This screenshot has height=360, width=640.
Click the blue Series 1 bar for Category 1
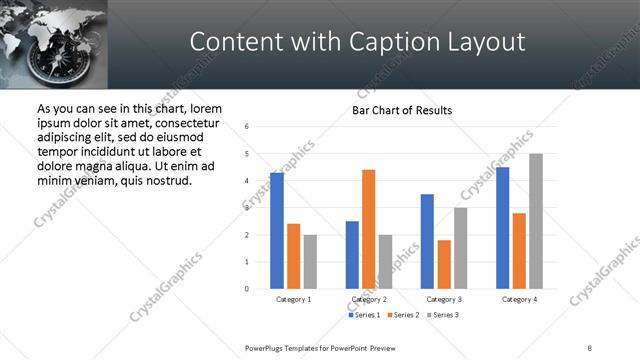pyautogui.click(x=277, y=231)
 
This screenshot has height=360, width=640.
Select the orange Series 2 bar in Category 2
pyautogui.click(x=368, y=229)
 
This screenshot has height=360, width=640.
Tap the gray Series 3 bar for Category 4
pyautogui.click(x=536, y=221)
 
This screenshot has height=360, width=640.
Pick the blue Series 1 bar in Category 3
pyautogui.click(x=427, y=241)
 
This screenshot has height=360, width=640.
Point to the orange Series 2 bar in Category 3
pyautogui.click(x=444, y=264)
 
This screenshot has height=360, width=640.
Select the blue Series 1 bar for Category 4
pyautogui.click(x=503, y=228)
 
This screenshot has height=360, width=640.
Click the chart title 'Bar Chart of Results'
pyautogui.click(x=402, y=110)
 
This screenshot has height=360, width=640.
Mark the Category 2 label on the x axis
pyautogui.click(x=369, y=299)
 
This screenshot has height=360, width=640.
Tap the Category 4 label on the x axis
pyautogui.click(x=519, y=299)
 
